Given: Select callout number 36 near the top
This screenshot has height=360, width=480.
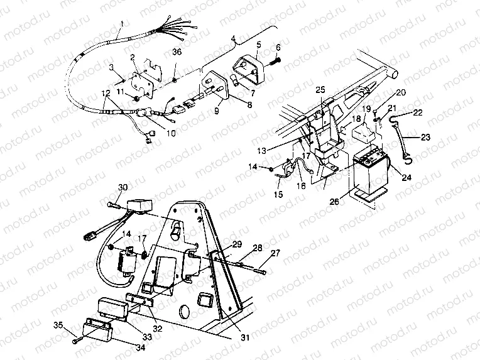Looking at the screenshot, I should (x=177, y=52).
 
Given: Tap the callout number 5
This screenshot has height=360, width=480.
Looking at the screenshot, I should (x=258, y=44).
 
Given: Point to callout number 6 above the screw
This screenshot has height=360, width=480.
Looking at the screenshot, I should (x=278, y=47).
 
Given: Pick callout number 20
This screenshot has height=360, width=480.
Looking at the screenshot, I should (x=401, y=92).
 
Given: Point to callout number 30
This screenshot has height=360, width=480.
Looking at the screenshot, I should (x=123, y=187).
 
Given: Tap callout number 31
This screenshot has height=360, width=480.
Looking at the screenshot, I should (x=245, y=337).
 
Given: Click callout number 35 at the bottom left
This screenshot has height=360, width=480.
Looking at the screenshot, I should (x=58, y=324).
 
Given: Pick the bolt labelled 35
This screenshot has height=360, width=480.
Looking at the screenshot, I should (x=75, y=339).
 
